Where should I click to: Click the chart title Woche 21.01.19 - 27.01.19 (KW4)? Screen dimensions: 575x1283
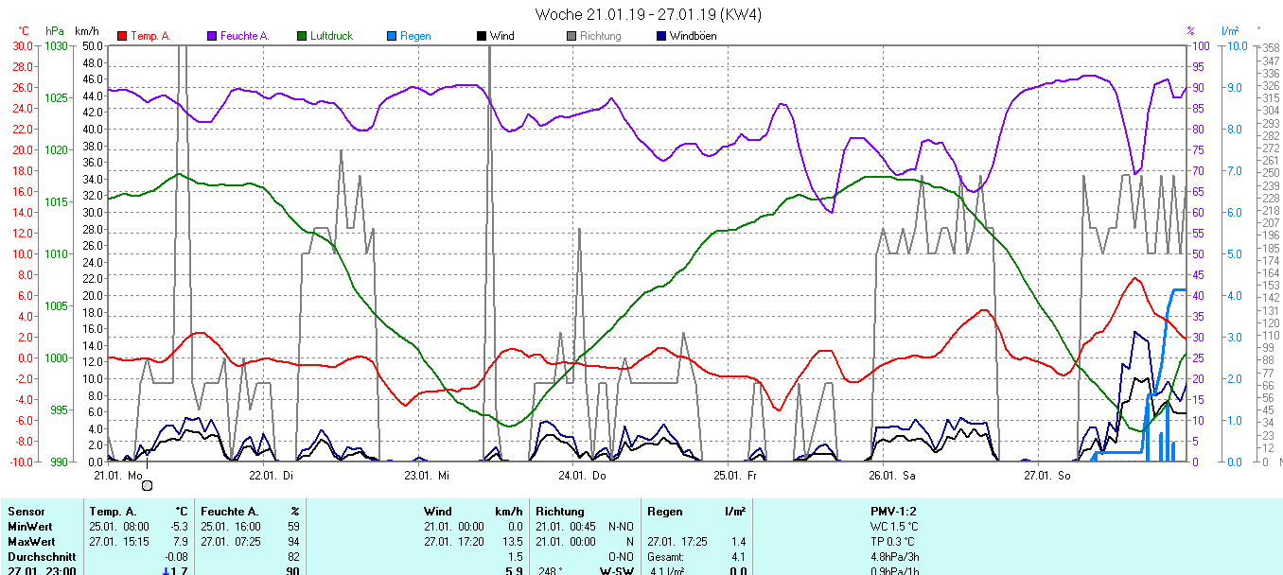coord(648,14)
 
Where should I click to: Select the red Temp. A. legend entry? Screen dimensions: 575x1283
coord(149,36)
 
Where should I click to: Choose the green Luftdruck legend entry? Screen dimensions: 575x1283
coord(330,36)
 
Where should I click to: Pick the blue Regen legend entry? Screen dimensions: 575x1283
coord(414,36)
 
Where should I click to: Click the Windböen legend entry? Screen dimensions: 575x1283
coord(692,36)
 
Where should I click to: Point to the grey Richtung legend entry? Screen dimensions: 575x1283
coord(600,36)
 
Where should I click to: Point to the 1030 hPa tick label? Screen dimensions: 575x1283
coord(56,45)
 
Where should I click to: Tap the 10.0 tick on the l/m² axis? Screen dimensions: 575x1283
coord(1233,45)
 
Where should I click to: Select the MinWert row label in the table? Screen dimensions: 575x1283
coord(30,527)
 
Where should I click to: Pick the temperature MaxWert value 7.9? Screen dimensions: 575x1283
coord(181,542)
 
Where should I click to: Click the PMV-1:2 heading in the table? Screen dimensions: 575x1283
coord(894,512)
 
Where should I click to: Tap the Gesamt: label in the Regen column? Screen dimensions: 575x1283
coord(667,557)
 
